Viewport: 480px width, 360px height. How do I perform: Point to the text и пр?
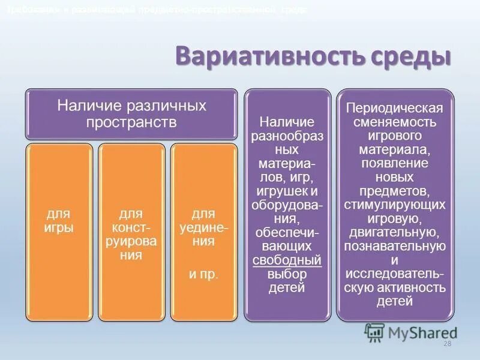pos(203,274)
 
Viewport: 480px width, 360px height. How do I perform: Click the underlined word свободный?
pos(287,260)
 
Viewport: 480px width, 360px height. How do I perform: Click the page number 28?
pos(446,343)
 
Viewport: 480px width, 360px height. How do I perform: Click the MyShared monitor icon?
pos(374,332)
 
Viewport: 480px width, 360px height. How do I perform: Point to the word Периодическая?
pos(395,108)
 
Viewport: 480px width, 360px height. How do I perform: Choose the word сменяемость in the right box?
pos(395,122)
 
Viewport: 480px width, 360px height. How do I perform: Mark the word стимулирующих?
pos(395,205)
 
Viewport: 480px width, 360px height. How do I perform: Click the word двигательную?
pos(395,233)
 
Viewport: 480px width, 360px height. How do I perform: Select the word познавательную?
pos(395,247)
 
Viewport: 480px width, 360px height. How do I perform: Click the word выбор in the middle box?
pos(287,274)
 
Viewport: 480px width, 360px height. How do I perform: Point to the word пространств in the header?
pos(131,122)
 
